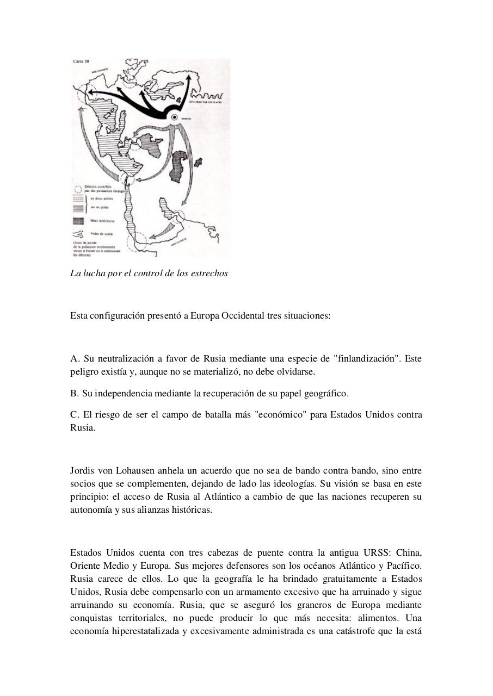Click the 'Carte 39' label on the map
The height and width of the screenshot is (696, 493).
tap(81, 61)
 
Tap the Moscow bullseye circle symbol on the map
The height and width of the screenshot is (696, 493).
tap(175, 117)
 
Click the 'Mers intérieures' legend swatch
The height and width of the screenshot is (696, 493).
tap(78, 221)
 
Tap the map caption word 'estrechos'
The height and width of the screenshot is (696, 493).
tap(209, 273)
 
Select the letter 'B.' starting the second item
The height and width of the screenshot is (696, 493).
tap(75, 393)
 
